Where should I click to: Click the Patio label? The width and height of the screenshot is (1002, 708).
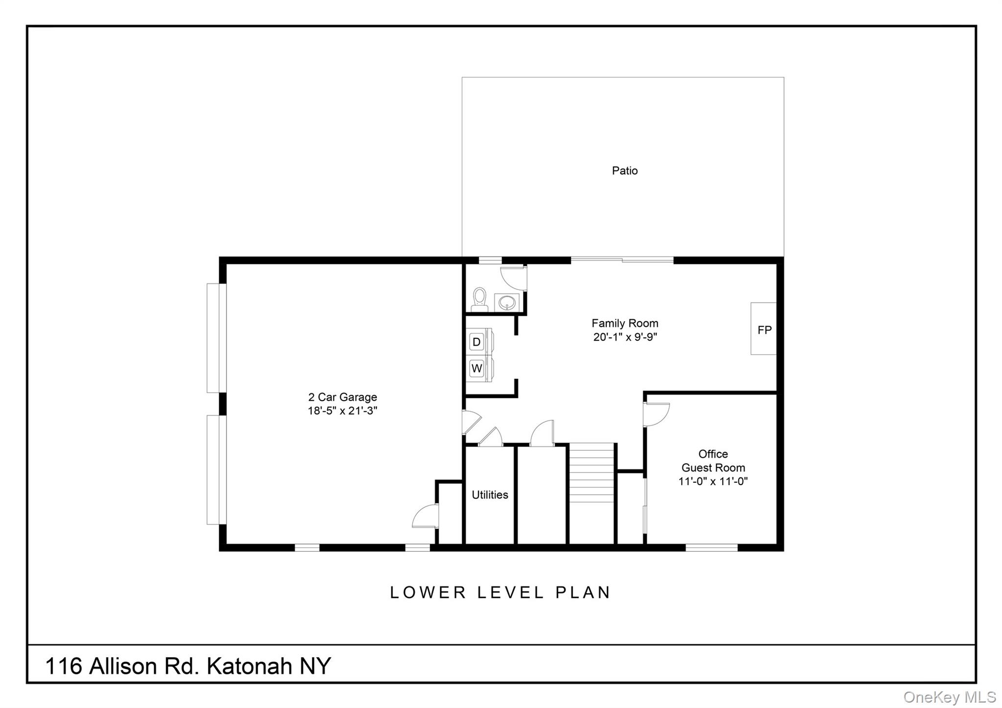[625, 170]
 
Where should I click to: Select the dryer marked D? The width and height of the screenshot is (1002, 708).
[477, 341]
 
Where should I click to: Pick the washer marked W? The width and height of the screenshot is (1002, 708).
[477, 368]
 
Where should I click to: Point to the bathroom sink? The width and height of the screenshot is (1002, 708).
[507, 302]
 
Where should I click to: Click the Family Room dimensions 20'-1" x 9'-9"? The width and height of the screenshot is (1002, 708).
[625, 337]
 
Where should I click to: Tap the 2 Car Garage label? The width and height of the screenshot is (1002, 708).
[342, 397]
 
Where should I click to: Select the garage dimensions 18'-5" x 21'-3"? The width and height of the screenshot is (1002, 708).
[342, 411]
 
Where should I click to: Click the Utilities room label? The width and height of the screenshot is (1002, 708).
[490, 495]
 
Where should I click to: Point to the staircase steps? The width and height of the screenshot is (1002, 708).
[592, 473]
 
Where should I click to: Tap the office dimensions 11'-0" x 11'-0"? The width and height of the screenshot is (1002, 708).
[713, 481]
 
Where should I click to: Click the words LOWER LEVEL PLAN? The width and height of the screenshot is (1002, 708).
[500, 592]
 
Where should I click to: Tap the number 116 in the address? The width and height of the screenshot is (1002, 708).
[63, 666]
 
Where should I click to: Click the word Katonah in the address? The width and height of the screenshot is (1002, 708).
[249, 666]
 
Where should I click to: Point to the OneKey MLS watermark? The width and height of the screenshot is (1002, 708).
[949, 697]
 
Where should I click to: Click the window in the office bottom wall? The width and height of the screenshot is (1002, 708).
[711, 547]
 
